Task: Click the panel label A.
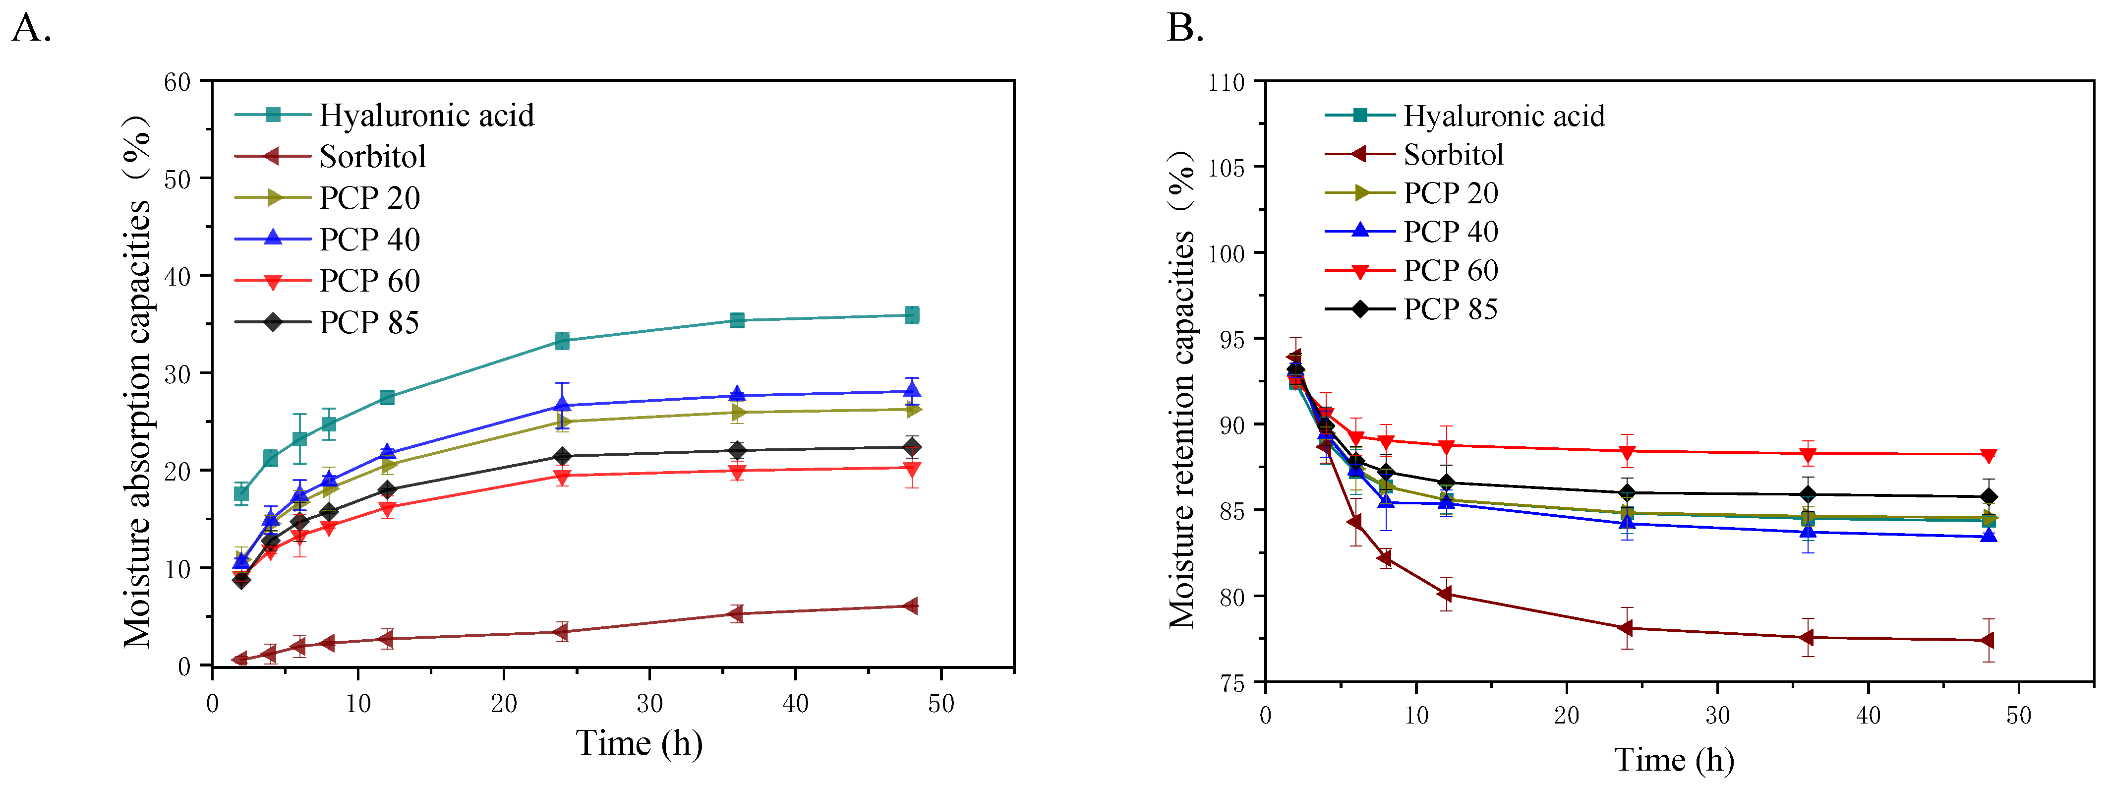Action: point(31,29)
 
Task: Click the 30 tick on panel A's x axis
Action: point(650,703)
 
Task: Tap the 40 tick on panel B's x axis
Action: point(1868,715)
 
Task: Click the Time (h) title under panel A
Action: point(639,742)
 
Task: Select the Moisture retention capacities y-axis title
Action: point(1181,389)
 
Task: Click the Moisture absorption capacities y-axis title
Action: point(137,381)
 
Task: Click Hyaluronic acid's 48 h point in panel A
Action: point(912,315)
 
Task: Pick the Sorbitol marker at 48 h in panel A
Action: point(910,606)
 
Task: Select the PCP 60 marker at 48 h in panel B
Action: point(1988,455)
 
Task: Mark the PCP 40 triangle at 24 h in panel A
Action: point(562,405)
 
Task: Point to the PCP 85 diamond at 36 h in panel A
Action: point(737,449)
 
